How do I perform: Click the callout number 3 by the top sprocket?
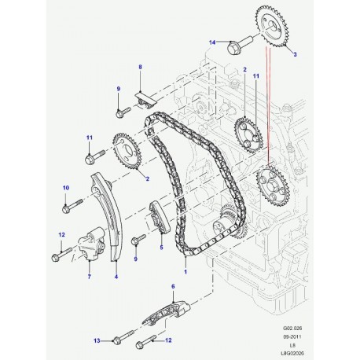click(295, 53)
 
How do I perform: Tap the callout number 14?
click(211, 42)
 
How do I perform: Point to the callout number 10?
click(66, 187)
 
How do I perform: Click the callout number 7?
click(90, 276)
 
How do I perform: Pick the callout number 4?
click(116, 276)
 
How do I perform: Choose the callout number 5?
click(160, 247)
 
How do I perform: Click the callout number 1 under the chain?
click(186, 270)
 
